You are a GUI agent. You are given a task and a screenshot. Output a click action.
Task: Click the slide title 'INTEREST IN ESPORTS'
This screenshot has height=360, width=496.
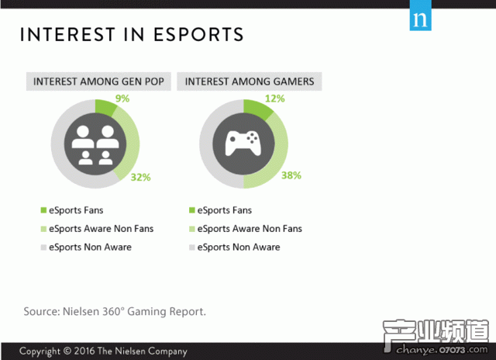click(x=132, y=35)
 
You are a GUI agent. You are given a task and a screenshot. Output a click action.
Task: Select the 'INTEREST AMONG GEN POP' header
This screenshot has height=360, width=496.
click(x=98, y=81)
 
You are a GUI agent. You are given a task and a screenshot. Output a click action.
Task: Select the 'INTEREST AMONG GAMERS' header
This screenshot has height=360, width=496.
click(x=250, y=81)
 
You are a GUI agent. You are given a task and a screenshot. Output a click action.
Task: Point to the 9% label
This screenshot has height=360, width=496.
click(x=122, y=99)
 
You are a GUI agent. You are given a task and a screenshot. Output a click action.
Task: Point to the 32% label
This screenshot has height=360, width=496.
click(x=140, y=177)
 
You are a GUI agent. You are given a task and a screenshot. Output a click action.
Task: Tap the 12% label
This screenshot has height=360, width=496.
click(x=274, y=99)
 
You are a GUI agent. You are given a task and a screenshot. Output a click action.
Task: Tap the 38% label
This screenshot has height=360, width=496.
click(x=291, y=175)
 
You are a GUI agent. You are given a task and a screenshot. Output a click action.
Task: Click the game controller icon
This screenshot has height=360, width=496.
click(x=243, y=144)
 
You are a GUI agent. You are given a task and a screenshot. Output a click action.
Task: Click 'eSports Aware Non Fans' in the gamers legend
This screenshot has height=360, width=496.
click(x=250, y=229)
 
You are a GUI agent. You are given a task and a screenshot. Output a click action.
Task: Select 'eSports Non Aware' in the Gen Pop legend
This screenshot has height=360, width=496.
click(x=90, y=247)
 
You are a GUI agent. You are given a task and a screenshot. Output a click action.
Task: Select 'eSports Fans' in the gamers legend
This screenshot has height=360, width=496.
click(x=224, y=210)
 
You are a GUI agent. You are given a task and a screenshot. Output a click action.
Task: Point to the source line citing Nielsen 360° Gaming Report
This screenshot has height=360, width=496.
click(x=115, y=311)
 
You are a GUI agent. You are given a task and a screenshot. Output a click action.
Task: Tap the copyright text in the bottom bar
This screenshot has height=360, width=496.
click(x=103, y=351)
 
